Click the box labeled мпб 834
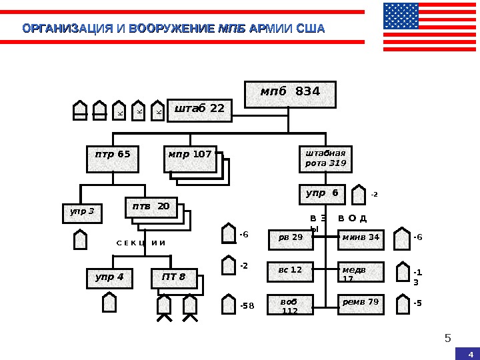[291, 94]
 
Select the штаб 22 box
[199, 110]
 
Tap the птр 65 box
[113, 158]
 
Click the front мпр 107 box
[190, 158]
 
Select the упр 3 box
[82, 213]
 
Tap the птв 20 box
[151, 207]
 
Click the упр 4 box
[109, 278]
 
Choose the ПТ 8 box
[174, 278]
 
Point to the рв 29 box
[291, 239]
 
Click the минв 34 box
[361, 239]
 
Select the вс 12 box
[291, 271]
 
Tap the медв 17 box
[361, 272]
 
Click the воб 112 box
[291, 305]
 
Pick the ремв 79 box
[361, 304]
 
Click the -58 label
[247, 306]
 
